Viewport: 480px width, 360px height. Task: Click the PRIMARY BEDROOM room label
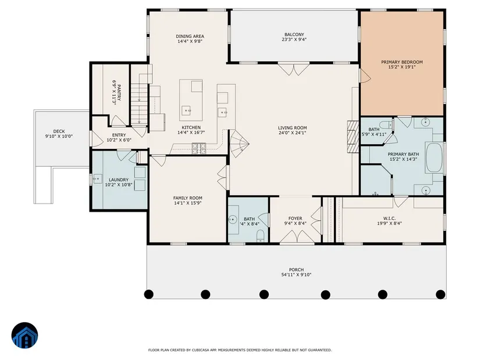coord(401,62)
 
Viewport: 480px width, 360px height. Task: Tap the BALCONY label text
coord(294,34)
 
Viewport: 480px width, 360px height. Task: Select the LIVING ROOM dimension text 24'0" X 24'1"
coord(292,133)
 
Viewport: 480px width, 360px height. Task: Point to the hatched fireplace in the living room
coord(353,137)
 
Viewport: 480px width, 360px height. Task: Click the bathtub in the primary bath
coord(434,157)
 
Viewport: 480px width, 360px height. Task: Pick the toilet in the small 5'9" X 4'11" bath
coord(386,125)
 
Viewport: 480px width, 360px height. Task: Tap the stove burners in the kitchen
coord(198,148)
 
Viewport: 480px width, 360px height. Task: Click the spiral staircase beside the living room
coord(239,144)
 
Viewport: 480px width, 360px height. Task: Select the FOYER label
coord(295,219)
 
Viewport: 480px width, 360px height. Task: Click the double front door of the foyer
coord(297,237)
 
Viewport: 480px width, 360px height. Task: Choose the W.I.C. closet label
coord(389,219)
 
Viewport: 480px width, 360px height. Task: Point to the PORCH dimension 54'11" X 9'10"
coord(296,275)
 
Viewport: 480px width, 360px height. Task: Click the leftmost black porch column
coord(149,294)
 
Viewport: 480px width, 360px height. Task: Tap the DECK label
coord(59,131)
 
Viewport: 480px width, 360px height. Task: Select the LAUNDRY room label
coord(119,180)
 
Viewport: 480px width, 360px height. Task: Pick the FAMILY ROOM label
coord(188,198)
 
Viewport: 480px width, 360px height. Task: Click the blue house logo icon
coord(25,336)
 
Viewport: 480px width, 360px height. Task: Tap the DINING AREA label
coord(190,36)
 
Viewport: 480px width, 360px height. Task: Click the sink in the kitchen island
coord(186,110)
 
